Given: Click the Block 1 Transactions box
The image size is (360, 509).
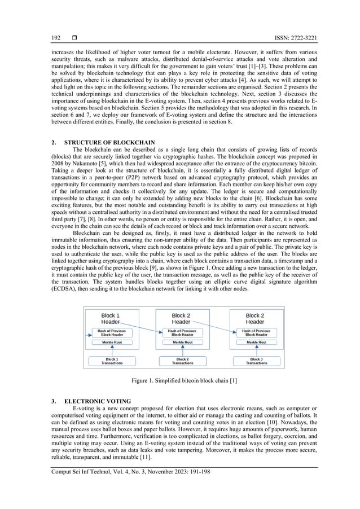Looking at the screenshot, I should pyautogui.click(x=112, y=361).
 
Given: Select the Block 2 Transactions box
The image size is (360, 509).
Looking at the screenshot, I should pyautogui.click(x=182, y=361).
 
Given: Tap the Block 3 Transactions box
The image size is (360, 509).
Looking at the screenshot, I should pyautogui.click(x=256, y=361).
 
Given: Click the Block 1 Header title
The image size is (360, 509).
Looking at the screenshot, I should pyautogui.click(x=110, y=318).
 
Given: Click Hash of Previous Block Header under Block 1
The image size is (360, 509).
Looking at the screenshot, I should pyautogui.click(x=112, y=332).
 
